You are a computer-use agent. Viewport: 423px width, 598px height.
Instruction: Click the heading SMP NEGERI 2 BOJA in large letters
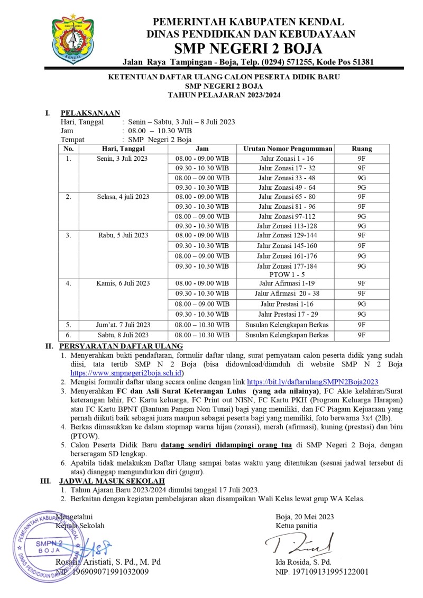tap(248, 49)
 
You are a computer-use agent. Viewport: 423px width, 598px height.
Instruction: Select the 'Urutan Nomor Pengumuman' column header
tap(288, 149)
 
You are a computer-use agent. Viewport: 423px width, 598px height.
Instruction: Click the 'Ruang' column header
tap(362, 149)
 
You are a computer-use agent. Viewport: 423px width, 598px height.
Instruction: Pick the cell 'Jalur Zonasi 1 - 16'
tap(288, 159)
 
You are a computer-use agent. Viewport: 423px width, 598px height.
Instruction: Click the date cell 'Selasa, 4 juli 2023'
tap(123, 197)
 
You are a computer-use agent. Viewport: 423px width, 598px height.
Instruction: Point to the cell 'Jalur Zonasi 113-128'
tap(288, 226)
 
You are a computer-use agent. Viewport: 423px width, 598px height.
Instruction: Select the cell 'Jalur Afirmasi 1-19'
tap(288, 283)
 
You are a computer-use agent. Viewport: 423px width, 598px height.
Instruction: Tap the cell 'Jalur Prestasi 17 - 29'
tap(288, 314)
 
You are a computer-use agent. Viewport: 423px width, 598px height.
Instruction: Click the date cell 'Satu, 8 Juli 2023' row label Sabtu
tap(123, 335)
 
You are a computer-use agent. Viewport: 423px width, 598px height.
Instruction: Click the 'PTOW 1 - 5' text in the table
tap(288, 274)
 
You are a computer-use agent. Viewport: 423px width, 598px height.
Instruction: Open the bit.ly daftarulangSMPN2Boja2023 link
tap(312, 381)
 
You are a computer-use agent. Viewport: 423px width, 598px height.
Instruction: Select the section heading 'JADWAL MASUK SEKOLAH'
tap(112, 481)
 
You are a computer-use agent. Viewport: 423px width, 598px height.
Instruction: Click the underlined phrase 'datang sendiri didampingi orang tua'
tap(227, 445)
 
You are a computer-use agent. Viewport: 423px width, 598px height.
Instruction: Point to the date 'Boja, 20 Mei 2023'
tap(305, 517)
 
